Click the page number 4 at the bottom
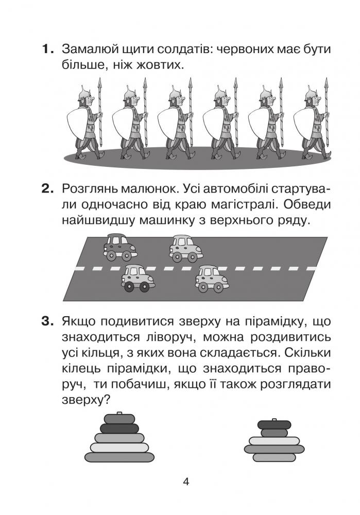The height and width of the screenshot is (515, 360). (x=186, y=482)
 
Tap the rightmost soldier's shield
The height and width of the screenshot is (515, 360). (x=304, y=126)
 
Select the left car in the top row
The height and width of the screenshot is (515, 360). (x=119, y=247)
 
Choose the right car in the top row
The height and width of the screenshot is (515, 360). (x=186, y=248)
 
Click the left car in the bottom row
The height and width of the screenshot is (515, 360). (x=138, y=278)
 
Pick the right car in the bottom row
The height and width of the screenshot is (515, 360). (x=212, y=279)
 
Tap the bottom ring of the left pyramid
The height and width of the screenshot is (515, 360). (x=119, y=457)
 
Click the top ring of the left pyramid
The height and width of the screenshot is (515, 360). (x=119, y=419)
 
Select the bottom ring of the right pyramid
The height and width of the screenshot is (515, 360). (x=274, y=457)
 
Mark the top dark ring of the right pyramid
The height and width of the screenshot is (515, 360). (x=274, y=424)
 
